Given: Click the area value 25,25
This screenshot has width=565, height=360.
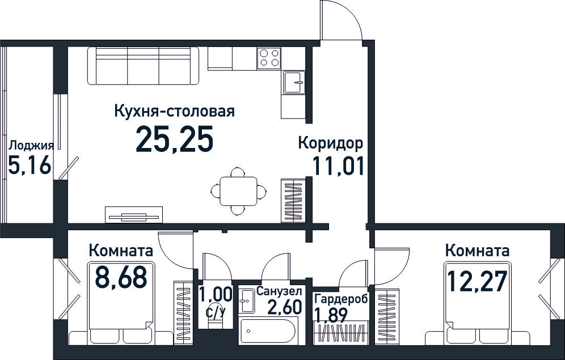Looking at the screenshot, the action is point(175,139).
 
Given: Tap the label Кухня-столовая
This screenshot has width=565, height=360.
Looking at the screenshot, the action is point(174,111).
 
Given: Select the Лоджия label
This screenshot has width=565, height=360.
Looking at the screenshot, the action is point(31,146).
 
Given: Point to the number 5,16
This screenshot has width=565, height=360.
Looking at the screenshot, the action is point(29,166).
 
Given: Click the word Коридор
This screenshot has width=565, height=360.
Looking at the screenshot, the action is point(330,143).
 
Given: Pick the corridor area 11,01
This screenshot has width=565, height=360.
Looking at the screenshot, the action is point(338,166).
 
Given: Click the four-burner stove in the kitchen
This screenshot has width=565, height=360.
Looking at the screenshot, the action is point(269,58).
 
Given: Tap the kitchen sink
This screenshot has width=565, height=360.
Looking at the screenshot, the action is point(293,82).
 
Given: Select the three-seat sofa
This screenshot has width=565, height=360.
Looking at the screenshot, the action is point(143,66).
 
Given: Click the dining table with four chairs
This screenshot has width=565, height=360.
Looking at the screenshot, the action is point(239,191).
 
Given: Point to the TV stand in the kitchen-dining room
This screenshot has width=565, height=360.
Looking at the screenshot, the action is point(134,214).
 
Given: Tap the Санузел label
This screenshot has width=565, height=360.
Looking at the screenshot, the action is point(279,291).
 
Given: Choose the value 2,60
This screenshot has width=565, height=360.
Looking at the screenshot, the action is point(285,307).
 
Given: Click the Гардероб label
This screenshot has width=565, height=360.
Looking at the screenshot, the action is point(341,299).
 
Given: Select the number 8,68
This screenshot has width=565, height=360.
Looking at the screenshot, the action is point(121,277).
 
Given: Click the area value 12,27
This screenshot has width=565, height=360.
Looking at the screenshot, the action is point(477,281).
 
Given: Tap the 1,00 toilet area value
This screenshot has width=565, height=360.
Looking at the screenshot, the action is point(216,295).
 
